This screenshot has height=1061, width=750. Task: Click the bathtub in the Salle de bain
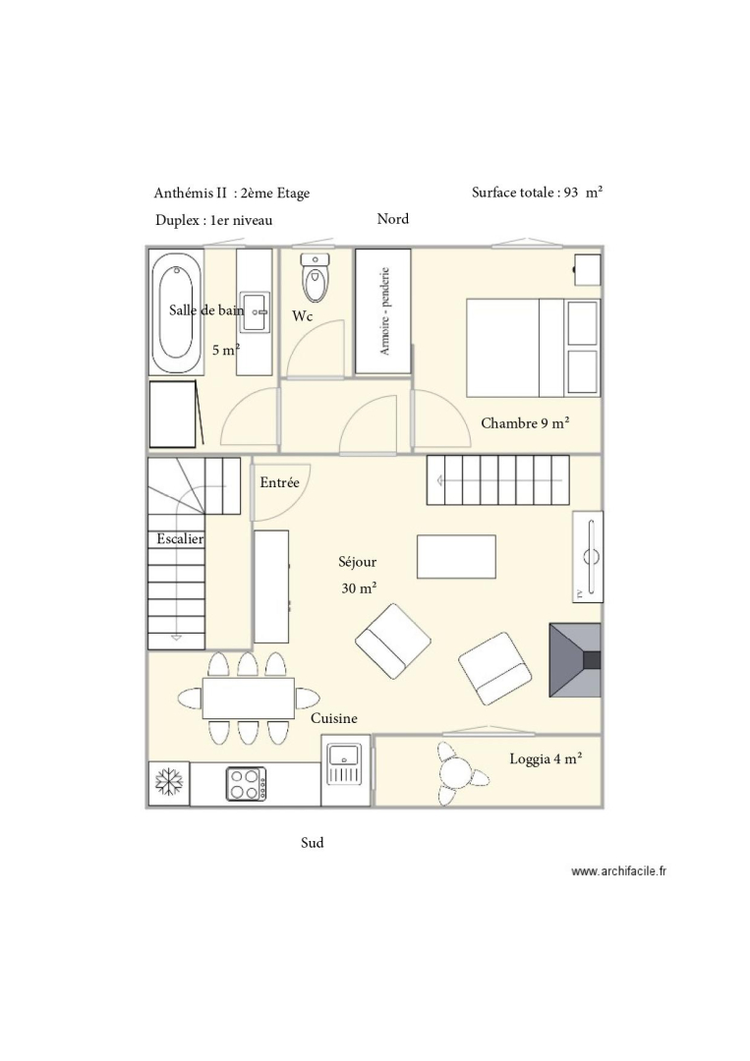176,311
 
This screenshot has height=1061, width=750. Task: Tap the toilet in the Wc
315,277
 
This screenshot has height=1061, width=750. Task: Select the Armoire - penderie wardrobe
383,311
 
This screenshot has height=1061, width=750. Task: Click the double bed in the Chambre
533,348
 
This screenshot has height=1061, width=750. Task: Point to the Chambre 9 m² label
525,423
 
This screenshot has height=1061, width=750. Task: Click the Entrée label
279,482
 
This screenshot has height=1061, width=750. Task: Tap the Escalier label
180,538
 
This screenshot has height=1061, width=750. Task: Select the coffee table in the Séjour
456,556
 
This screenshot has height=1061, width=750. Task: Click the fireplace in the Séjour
575,660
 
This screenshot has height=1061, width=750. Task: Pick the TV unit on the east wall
588,556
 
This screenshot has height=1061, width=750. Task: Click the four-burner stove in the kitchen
246,784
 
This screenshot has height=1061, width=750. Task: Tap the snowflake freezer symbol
168,783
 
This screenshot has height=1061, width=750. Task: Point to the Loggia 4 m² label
547,759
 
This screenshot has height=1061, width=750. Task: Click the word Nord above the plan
392,218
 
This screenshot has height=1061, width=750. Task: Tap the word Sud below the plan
312,843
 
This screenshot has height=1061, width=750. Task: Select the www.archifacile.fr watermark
618,871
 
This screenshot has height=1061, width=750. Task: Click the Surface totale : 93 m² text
538,193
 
